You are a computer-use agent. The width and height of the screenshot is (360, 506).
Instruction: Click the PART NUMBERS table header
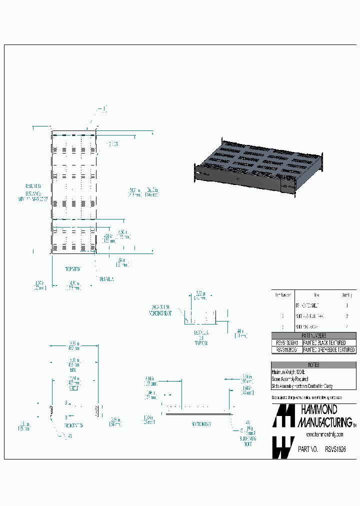pyautogui.click(x=313, y=336)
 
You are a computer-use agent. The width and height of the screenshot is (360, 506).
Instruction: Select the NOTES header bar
pyautogui.click(x=313, y=365)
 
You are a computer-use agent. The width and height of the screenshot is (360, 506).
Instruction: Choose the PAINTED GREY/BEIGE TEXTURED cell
pyautogui.click(x=329, y=350)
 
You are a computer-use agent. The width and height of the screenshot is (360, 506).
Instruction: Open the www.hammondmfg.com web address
pyautogui.click(x=324, y=434)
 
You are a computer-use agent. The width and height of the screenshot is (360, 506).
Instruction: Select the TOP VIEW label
pyautogui.click(x=73, y=269)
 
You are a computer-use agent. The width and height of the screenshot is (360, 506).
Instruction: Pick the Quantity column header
pyautogui.click(x=346, y=295)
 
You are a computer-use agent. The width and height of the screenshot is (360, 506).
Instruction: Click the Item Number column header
pyautogui.click(x=283, y=295)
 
